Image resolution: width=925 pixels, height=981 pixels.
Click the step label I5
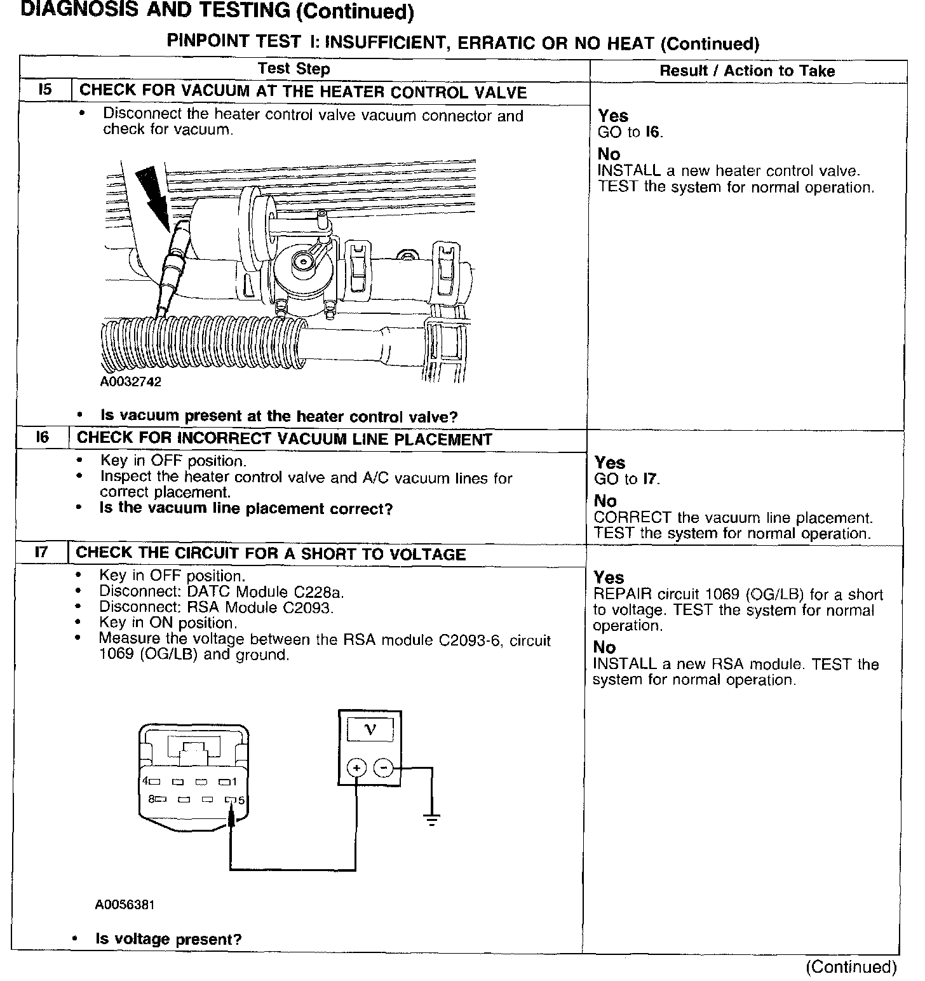pos(44,90)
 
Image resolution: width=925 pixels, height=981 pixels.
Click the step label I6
pos(43,437)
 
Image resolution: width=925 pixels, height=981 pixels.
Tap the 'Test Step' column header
pos(294,69)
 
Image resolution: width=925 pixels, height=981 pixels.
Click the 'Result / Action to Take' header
pos(747,71)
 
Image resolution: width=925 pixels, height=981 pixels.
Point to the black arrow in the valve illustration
pos(153,194)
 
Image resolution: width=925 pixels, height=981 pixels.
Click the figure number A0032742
pos(130,382)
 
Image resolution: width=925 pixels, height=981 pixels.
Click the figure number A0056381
pos(125,905)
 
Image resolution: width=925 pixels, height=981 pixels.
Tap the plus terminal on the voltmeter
pos(356,768)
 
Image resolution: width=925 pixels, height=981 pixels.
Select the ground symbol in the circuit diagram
pos(432,820)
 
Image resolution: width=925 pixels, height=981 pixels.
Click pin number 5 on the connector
pos(241,801)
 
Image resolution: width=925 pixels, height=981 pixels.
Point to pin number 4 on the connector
pos(145,781)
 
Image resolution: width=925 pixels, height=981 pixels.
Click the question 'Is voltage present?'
pos(168,939)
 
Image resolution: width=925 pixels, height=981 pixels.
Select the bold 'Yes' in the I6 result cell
pos(610,463)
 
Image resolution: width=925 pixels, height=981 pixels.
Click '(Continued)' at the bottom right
pos(851,966)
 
